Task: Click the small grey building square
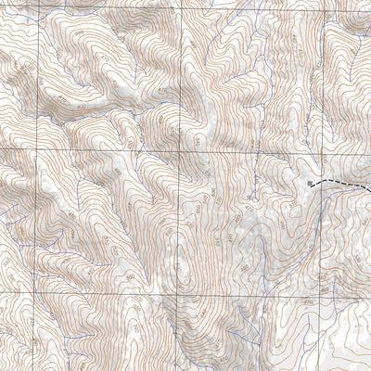pos(310,185)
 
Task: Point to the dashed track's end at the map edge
pos(370,190)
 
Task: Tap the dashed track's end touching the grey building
pos(313,185)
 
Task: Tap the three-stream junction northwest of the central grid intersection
pos(139,121)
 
